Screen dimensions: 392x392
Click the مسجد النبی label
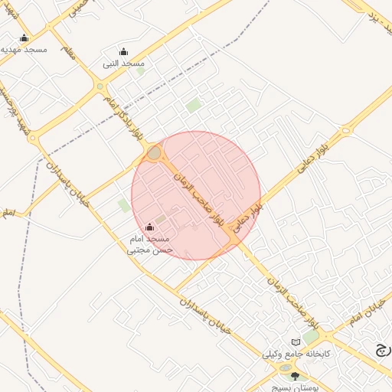point(123,64)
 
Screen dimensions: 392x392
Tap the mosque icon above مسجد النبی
point(123,52)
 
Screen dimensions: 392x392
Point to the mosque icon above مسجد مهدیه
point(24,38)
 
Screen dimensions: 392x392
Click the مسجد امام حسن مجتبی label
point(150,244)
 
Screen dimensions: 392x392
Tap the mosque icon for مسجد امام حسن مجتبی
point(149,227)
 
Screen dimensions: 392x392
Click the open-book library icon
point(296,342)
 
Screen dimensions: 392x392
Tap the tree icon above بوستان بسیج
point(296,376)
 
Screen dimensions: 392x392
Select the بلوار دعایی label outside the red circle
point(335,142)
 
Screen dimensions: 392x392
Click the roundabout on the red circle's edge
point(154,153)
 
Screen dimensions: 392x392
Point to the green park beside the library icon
point(311,337)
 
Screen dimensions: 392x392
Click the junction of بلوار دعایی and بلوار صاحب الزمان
point(233,239)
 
